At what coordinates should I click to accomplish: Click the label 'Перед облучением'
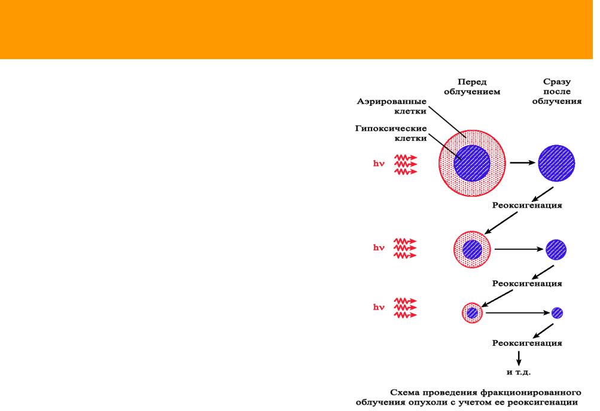click(472, 87)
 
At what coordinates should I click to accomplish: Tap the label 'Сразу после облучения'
click(557, 91)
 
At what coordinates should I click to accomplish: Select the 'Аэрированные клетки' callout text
click(391, 106)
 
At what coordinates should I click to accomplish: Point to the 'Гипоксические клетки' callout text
click(391, 133)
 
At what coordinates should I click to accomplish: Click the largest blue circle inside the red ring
click(472, 163)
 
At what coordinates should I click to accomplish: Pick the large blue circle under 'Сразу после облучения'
click(556, 163)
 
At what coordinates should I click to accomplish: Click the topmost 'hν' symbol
click(379, 164)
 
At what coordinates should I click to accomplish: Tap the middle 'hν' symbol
click(379, 247)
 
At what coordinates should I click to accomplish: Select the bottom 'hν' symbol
click(379, 307)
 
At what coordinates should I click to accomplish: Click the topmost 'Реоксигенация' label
click(527, 205)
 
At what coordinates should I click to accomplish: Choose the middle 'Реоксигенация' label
click(527, 283)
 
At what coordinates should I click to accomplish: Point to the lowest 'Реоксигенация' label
click(527, 343)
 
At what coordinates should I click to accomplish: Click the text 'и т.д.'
click(519, 372)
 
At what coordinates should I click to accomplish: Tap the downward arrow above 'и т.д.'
click(519, 358)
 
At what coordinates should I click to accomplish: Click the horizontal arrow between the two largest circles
click(523, 162)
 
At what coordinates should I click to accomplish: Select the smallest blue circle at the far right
click(557, 313)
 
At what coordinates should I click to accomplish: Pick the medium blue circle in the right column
click(556, 250)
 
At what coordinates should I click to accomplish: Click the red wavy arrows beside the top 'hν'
click(406, 164)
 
